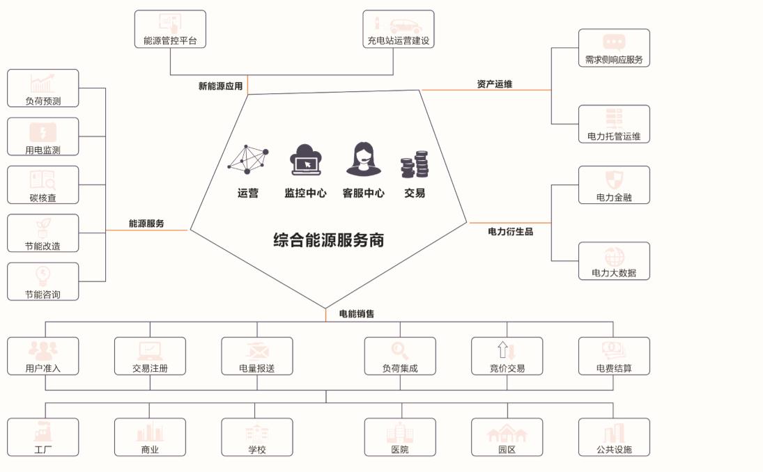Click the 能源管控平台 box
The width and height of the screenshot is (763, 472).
pyautogui.click(x=171, y=29)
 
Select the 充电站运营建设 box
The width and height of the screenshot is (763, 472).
pyautogui.click(x=399, y=29)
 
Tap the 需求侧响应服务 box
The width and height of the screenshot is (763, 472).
pyautogui.click(x=614, y=48)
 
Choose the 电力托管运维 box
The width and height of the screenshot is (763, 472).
pyautogui.click(x=614, y=124)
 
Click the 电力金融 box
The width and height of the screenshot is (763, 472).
pyautogui.click(x=614, y=185)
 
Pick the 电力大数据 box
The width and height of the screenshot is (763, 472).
pyautogui.click(x=614, y=261)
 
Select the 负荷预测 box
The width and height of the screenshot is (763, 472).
pyautogui.click(x=43, y=88)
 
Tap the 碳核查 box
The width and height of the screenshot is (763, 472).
pyautogui.click(x=43, y=185)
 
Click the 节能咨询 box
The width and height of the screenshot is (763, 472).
pyautogui.click(x=43, y=282)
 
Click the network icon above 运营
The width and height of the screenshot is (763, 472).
pyautogui.click(x=248, y=160)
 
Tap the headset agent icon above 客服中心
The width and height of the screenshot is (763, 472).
pyautogui.click(x=363, y=159)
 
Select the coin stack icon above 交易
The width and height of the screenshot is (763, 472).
pyautogui.click(x=415, y=164)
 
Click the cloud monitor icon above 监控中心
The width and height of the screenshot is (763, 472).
pyautogui.click(x=305, y=159)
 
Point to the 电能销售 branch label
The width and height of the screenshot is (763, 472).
pyautogui.click(x=357, y=314)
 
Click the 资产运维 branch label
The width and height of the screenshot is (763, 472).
pyautogui.click(x=495, y=84)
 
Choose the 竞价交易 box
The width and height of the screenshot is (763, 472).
pyautogui.click(x=507, y=356)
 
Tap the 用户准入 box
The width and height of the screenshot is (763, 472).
pyautogui.click(x=43, y=356)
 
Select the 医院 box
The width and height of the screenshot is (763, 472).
pyautogui.click(x=400, y=437)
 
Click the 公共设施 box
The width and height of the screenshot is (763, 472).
pyautogui.click(x=614, y=437)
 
